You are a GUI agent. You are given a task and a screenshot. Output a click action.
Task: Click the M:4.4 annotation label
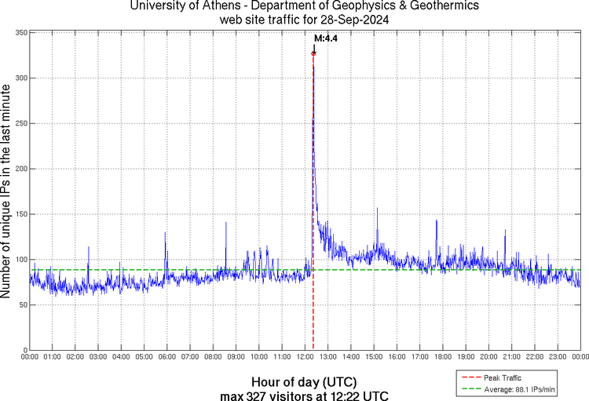[325, 38]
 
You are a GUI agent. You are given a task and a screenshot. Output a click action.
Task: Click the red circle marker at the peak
[313, 53]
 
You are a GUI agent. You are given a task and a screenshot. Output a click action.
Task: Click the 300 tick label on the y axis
[21, 78]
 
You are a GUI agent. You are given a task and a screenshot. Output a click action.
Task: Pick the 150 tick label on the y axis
[21, 214]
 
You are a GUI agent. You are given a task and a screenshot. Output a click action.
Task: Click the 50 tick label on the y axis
[24, 304]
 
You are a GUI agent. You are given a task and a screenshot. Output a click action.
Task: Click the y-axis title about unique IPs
[7, 191]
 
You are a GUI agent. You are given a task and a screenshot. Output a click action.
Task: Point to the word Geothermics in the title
[430, 6]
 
